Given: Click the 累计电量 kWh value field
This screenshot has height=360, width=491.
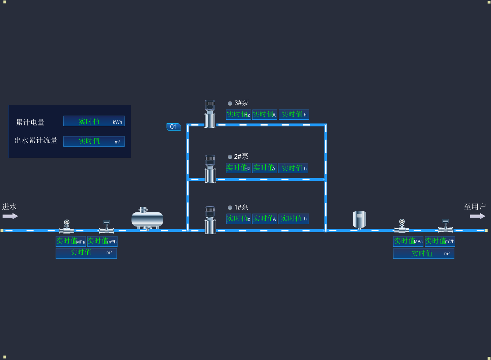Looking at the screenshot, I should [94, 121].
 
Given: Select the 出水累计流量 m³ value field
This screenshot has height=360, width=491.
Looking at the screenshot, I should [94, 141].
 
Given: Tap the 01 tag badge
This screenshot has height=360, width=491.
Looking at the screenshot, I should [174, 127].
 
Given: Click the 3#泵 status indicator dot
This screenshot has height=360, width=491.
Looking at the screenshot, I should [230, 103].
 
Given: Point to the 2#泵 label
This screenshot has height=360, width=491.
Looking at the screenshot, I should [241, 156].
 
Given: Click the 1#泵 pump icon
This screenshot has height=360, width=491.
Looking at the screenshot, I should [210, 220].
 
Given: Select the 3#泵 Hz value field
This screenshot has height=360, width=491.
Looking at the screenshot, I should [238, 114].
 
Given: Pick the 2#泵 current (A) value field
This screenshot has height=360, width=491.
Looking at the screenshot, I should [264, 168].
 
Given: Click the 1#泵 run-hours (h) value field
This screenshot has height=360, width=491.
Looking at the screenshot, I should [294, 219].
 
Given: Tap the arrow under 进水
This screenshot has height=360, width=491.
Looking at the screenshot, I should [10, 216].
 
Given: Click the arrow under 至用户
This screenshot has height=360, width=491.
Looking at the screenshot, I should [478, 216].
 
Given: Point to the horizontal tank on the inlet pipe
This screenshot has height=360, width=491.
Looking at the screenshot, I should [147, 218].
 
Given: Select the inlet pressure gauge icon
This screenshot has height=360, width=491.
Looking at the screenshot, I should [67, 226].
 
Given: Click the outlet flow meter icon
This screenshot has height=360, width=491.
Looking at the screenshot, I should [445, 226].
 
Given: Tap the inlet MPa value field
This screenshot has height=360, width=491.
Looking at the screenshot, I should [70, 241].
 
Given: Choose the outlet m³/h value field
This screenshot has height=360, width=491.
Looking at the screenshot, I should [440, 241].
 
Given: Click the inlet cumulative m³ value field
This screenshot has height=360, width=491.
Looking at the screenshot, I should [86, 253].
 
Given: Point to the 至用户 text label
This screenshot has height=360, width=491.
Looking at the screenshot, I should [474, 207].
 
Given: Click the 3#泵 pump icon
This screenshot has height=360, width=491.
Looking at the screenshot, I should [210, 113].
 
